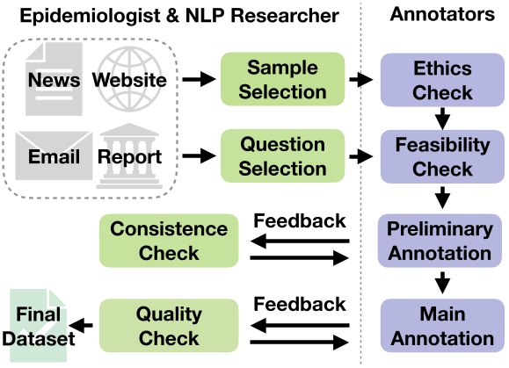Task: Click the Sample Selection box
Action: tap(282, 80)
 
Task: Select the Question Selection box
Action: tap(282, 156)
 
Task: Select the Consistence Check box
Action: tap(169, 241)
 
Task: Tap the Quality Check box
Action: tap(169, 325)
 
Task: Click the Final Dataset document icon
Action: tap(37, 325)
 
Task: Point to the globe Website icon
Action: tap(130, 80)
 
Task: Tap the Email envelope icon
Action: tap(53, 156)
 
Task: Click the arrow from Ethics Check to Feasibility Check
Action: tap(442, 117)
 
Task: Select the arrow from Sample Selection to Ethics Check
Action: tap(360, 80)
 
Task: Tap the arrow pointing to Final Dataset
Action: tap(83, 326)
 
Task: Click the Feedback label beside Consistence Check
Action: tap(300, 220)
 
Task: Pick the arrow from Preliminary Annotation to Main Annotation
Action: tap(442, 283)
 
